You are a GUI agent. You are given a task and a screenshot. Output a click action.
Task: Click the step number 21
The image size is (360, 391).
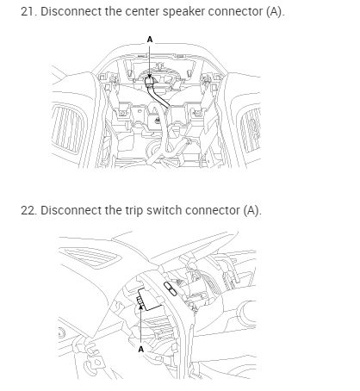(x=28, y=11)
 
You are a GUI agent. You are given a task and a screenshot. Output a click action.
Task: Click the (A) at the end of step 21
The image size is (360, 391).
(x=275, y=12)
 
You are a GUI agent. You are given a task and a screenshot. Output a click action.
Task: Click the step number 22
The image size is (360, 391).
(x=28, y=210)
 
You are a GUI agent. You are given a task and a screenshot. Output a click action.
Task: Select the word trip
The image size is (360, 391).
(x=133, y=211)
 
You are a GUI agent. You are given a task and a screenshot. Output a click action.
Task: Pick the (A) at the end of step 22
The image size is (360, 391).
(x=252, y=211)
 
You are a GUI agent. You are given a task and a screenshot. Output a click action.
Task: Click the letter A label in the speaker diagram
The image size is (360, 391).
(x=150, y=40)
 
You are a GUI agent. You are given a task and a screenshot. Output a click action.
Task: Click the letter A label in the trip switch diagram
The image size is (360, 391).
(x=140, y=349)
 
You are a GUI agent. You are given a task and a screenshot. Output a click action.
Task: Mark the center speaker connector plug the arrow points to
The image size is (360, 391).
(x=150, y=82)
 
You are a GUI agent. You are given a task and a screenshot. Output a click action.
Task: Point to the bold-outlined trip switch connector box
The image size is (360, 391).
(x=149, y=299)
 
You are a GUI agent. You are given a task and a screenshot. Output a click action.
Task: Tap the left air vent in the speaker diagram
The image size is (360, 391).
(x=69, y=129)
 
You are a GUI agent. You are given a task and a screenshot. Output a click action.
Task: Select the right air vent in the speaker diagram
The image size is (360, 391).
(x=250, y=130)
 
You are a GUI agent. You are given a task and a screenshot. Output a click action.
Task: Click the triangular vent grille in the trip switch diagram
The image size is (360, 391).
(x=90, y=256)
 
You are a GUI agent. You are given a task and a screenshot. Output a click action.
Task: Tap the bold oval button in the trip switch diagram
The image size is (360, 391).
(x=171, y=289)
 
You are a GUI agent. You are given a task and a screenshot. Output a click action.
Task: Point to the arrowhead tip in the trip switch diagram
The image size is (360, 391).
(x=140, y=306)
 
